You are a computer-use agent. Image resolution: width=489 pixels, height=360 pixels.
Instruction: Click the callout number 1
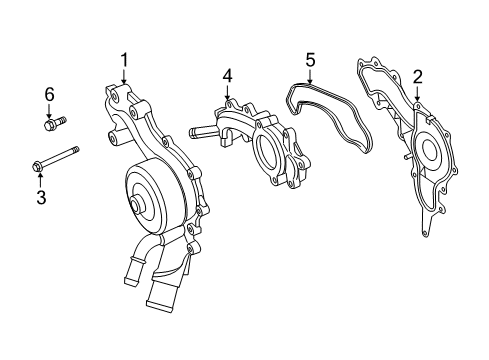point(124,60)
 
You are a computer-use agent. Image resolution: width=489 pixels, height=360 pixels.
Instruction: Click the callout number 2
point(418,75)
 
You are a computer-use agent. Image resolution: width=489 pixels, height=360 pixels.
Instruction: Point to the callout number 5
point(310,60)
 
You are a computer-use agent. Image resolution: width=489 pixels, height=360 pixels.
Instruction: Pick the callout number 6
point(48,94)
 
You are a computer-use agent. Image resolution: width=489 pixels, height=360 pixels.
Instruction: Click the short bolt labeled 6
point(54,123)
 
